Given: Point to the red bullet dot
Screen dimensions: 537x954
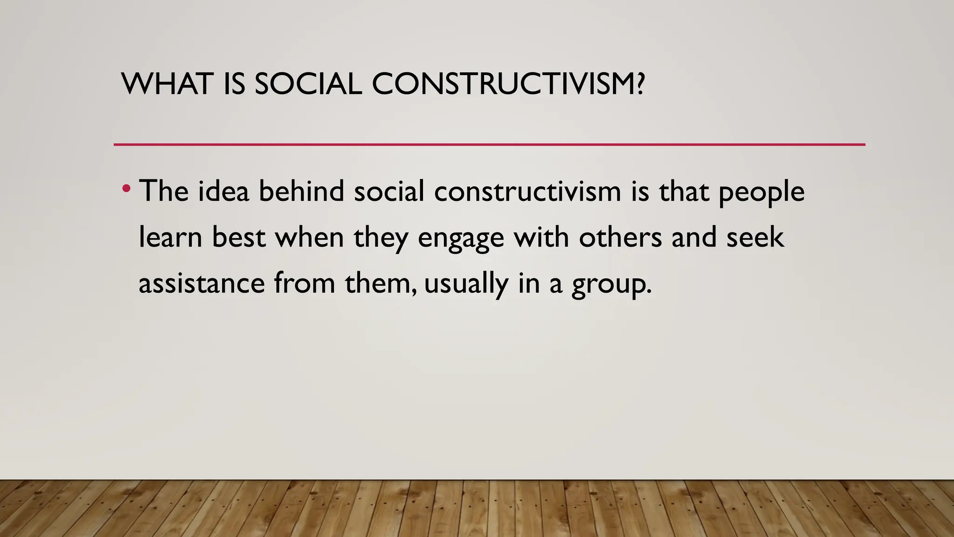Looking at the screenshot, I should pyautogui.click(x=126, y=189).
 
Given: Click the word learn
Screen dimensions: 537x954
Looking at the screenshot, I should pyautogui.click(x=170, y=237).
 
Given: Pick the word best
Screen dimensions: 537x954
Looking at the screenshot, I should pyautogui.click(x=238, y=237).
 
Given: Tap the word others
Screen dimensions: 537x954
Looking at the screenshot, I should pyautogui.click(x=620, y=237).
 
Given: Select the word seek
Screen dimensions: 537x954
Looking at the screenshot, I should pyautogui.click(x=755, y=237).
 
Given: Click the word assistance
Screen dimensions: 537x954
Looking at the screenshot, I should pyautogui.click(x=202, y=283).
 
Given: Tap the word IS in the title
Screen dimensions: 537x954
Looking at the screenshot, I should pyautogui.click(x=234, y=84).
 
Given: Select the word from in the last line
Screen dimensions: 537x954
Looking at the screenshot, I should pyautogui.click(x=304, y=283).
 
